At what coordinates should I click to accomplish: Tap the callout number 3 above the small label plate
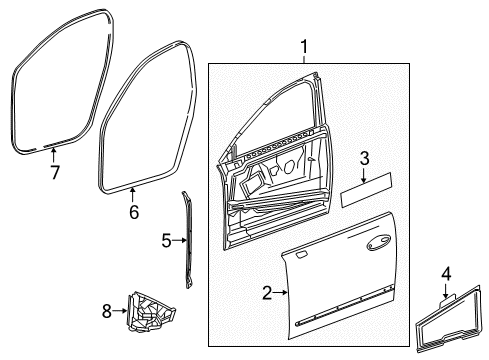coord(366,157)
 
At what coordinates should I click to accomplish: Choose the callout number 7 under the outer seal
coord(54,172)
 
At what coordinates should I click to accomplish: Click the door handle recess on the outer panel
coord(379,269)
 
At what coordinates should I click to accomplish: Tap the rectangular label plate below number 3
coord(366,192)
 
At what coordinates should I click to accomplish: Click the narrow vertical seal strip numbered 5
coord(186,240)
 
